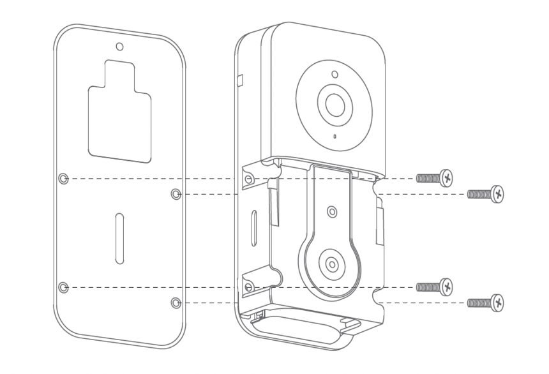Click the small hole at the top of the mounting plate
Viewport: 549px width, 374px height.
point(119,47)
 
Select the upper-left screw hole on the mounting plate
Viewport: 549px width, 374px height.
point(63,179)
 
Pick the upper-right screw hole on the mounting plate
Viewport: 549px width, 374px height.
point(177,193)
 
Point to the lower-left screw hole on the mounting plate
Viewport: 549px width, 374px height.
point(63,287)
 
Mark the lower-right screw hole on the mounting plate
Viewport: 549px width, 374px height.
point(177,301)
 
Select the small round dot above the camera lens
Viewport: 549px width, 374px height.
point(334,74)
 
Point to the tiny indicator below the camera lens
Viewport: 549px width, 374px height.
point(334,136)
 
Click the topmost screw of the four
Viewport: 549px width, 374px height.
point(434,178)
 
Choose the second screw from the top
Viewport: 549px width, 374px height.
point(486,193)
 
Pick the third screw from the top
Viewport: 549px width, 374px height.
point(434,287)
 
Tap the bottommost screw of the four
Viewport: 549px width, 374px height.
point(486,301)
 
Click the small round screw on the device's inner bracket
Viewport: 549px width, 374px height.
point(331,211)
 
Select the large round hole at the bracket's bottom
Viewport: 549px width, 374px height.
point(332,262)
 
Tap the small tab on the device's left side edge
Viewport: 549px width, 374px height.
point(240,79)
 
